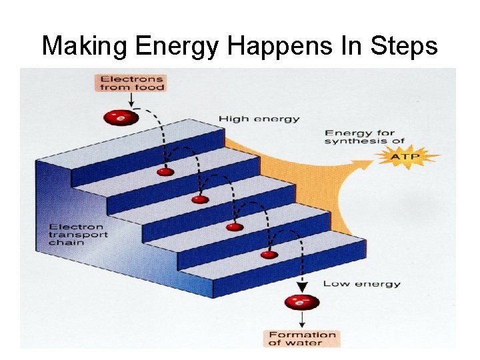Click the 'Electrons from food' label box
pyautogui.click(x=131, y=83)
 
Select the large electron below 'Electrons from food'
pyautogui.click(x=120, y=118)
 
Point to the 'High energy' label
pyautogui.click(x=259, y=119)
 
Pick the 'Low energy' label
pyautogui.click(x=361, y=283)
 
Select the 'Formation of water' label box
pyautogui.click(x=301, y=338)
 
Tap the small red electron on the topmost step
pyautogui.click(x=165, y=172)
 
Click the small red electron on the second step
pyautogui.click(x=199, y=199)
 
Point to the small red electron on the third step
pyautogui.click(x=234, y=227)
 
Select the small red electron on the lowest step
pyautogui.click(x=269, y=255)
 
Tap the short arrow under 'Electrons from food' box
pyautogui.click(x=131, y=100)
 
